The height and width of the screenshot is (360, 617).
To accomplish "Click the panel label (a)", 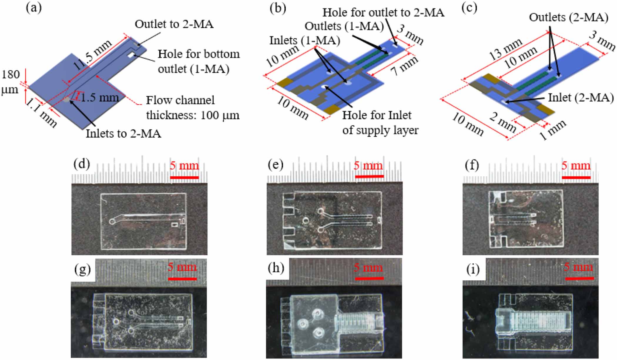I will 34,8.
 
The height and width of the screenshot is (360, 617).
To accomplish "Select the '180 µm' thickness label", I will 11,82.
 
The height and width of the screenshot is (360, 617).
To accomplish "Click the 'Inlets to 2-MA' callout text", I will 123,134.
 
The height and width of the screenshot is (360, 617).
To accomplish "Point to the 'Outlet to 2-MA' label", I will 174,24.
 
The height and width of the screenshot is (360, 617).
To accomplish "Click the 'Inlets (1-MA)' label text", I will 305,40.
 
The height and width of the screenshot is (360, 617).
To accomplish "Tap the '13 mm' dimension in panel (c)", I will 506,49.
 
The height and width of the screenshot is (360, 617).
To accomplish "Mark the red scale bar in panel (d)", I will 184,178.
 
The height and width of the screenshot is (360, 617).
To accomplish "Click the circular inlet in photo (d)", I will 112,221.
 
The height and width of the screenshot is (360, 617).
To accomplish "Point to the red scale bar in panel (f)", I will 576,178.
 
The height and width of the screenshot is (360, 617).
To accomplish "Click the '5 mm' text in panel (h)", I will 368,267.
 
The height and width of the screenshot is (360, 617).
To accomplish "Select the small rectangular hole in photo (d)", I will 175,225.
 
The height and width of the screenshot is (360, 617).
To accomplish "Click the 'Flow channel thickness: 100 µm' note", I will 193,108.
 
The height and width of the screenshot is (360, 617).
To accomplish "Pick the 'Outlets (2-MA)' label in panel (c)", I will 569,18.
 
